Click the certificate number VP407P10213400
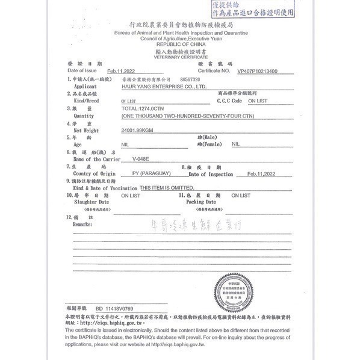(267, 71)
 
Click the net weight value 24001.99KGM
(138, 130)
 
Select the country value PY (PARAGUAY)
(154, 173)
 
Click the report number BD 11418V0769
(114, 307)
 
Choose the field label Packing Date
(201, 202)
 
